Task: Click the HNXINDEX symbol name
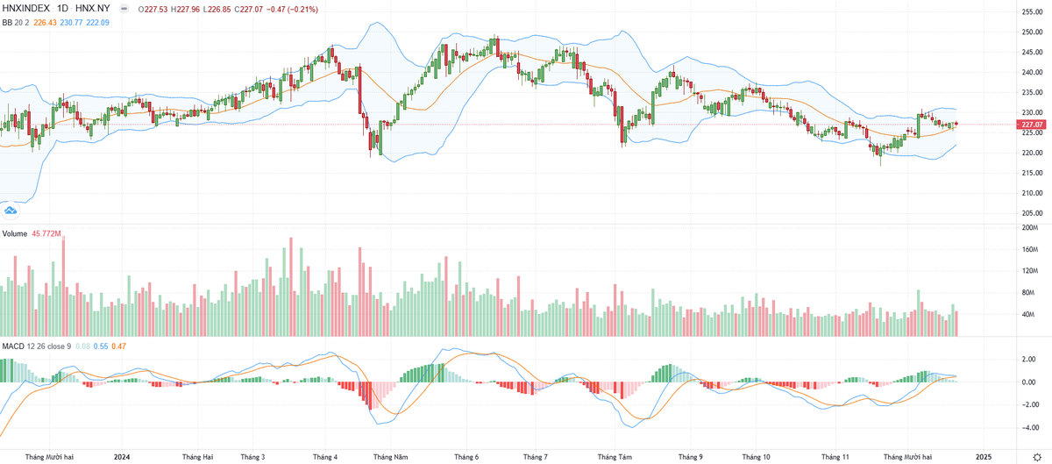(x=25, y=9)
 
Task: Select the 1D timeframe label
(x=62, y=9)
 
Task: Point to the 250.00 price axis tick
(x=1031, y=32)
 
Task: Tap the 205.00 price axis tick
(x=1031, y=213)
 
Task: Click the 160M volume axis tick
(x=1031, y=249)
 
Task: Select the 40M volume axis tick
(x=1029, y=315)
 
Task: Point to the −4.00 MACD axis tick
(x=1029, y=427)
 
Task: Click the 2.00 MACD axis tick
(x=1029, y=360)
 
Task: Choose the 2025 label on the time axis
(x=984, y=457)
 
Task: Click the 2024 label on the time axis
(x=122, y=457)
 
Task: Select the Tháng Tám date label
(x=615, y=457)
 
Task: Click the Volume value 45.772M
(x=46, y=234)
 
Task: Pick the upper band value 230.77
(x=73, y=22)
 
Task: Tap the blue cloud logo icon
(x=11, y=210)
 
